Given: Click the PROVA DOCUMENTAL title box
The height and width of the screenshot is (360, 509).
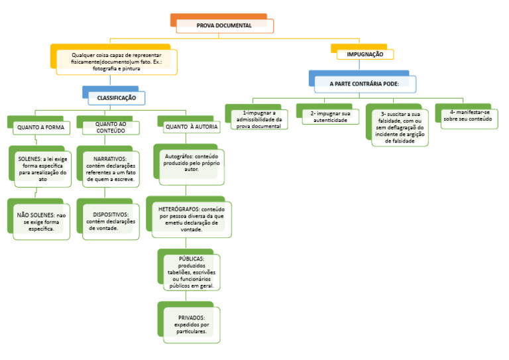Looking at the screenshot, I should [223, 25].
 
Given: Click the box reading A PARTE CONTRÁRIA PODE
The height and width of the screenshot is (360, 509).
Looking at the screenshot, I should [364, 84].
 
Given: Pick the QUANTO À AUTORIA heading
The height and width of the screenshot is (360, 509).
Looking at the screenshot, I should [191, 127].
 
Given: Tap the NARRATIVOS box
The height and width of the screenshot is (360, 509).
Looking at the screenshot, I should [110, 168].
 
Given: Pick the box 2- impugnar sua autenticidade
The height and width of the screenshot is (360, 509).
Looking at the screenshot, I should [329, 117].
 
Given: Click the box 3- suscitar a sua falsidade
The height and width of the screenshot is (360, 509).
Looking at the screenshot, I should [400, 127].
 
